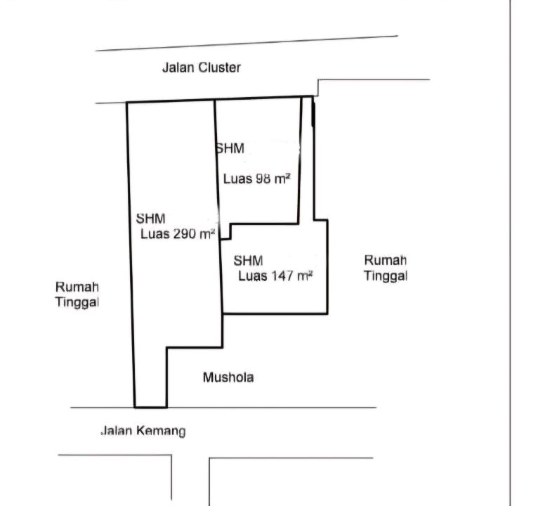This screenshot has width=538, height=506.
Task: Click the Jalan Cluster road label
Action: point(202,68)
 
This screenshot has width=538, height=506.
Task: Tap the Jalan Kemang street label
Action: point(143,431)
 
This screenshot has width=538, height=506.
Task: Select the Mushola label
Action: point(228,377)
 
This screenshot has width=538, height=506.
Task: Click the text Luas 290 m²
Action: point(177,234)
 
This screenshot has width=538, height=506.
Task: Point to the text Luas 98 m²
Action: point(257,179)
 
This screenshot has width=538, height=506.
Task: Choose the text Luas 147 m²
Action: point(275,276)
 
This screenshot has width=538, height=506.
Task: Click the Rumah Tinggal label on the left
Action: point(77,294)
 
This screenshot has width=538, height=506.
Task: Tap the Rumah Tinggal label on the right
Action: point(386,268)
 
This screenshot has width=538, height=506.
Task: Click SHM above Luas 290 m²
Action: point(151,219)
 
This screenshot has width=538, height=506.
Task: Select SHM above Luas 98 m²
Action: point(230,148)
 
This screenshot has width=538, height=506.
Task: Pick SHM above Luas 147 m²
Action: point(249,261)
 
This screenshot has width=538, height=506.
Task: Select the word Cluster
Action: point(219,68)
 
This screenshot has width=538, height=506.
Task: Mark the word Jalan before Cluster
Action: point(178,68)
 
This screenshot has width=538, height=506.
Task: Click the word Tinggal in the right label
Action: point(386,275)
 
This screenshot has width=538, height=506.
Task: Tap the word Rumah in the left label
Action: point(77,287)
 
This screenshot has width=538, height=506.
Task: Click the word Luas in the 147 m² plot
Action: point(252,276)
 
